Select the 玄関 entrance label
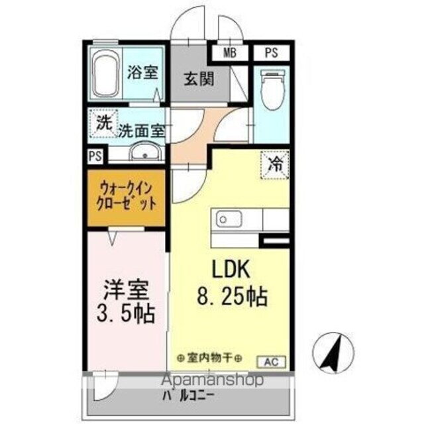198,79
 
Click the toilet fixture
272,90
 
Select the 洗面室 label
141,131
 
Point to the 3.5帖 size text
126,313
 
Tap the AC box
272,361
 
